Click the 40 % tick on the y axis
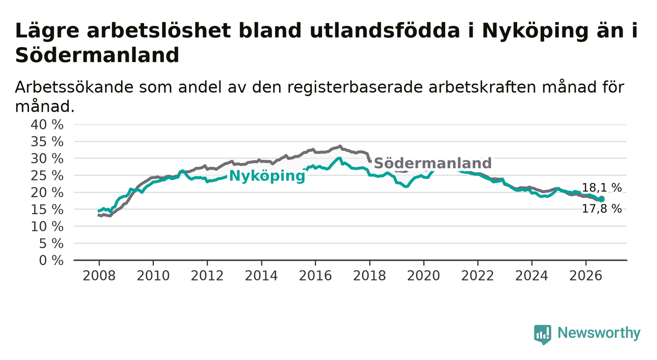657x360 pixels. tap(47, 125)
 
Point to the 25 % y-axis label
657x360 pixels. tap(47, 176)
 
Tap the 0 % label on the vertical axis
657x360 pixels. tap(51, 260)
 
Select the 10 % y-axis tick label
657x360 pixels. tap(47, 227)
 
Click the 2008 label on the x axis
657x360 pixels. tap(99, 276)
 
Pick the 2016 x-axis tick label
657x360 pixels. tap(315, 276)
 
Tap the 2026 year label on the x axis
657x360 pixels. tap(586, 276)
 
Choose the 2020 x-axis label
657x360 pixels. tap(424, 276)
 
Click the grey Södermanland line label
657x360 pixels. tap(432, 163)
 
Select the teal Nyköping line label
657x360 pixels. tap(267, 176)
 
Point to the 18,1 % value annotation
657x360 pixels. tap(602, 188)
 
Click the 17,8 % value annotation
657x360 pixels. tap(602, 209)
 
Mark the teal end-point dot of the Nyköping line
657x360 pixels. tap(602, 200)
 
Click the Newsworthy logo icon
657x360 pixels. tap(543, 334)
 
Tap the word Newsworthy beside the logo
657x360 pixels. tap(599, 333)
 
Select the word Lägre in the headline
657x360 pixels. tap(47, 31)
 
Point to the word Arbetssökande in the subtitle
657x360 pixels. tap(74, 87)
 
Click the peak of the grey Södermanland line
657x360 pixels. tap(340, 146)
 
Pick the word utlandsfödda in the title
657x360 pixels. tap(384, 30)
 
